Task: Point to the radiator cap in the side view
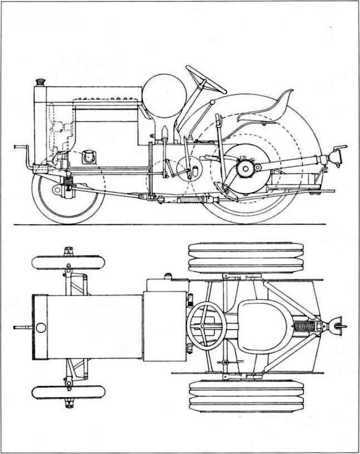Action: (x=40, y=83)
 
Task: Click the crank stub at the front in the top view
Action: (x=22, y=327)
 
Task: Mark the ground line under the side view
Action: (x=170, y=225)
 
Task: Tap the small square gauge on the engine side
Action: (x=88, y=157)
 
